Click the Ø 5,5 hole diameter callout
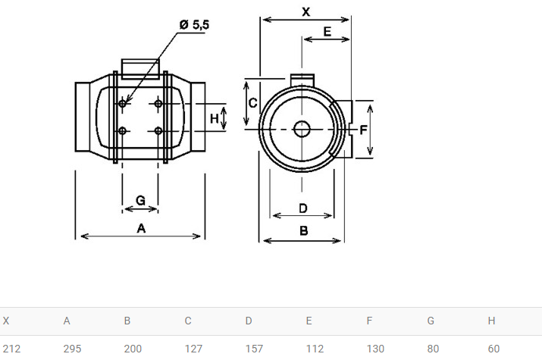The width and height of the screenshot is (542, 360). tap(194, 25)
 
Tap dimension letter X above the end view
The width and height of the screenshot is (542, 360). tap(306, 12)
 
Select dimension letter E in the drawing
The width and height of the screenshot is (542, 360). tap(327, 32)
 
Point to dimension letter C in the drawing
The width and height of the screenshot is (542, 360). tap(252, 103)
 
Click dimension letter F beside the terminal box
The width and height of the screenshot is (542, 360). tap(363, 130)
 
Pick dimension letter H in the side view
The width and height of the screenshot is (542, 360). tap(215, 118)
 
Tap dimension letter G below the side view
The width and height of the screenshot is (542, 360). tap(140, 200)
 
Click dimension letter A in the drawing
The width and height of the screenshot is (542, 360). tap(141, 228)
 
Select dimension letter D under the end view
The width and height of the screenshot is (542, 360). tap(302, 208)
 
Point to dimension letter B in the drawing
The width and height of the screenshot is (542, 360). tap(303, 231)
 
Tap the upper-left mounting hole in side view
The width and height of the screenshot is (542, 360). tap(122, 103)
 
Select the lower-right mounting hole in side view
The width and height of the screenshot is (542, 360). tap(158, 131)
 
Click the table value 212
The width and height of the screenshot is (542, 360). tap(12, 349)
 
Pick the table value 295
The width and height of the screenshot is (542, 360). tap(72, 349)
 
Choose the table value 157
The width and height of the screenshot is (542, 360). tap(254, 349)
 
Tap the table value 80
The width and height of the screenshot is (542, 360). tap(433, 349)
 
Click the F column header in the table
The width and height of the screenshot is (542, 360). tap(369, 321)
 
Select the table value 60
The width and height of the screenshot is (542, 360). tap(493, 349)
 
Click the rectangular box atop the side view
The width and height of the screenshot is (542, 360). tap(140, 67)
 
